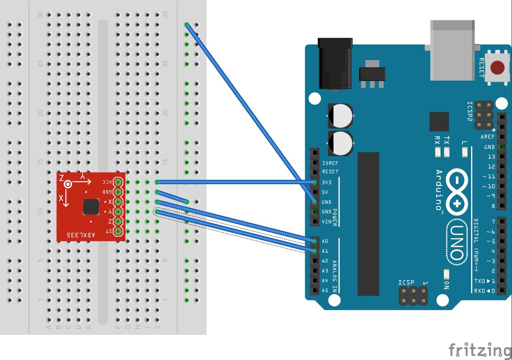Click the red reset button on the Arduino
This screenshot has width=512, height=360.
[497, 68]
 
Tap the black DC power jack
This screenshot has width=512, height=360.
[335, 64]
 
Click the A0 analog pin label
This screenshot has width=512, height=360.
[325, 241]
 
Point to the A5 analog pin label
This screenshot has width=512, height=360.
[325, 290]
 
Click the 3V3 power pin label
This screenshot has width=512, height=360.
[327, 182]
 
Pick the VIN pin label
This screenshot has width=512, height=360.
[327, 221]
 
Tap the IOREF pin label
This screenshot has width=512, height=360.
[330, 163]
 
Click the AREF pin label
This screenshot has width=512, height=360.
[488, 137]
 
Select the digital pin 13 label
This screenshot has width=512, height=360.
[491, 157]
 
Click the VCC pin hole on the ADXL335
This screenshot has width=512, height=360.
[118, 182]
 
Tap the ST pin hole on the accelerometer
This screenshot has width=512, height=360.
[118, 231]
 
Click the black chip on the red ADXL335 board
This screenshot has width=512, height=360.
[91, 207]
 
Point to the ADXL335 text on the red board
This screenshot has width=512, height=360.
[81, 235]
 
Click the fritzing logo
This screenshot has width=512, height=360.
[480, 350]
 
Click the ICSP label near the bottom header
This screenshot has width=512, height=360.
[406, 283]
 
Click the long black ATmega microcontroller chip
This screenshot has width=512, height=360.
[368, 224]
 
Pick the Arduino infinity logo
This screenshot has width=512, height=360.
[457, 191]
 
